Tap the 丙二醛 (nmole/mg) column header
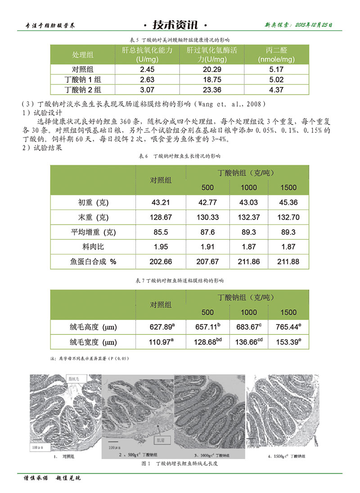tap(276, 54)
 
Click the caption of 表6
tap(180, 156)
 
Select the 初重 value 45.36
tap(288, 203)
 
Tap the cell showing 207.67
tap(207, 262)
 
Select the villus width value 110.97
tap(161, 343)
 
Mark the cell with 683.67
tap(249, 327)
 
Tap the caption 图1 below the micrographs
tap(180, 463)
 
